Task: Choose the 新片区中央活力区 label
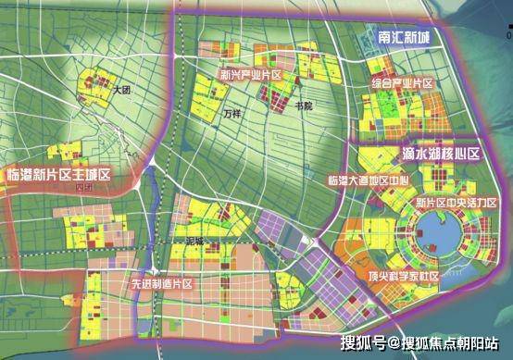click(x=457, y=203)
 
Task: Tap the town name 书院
click(x=302, y=106)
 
